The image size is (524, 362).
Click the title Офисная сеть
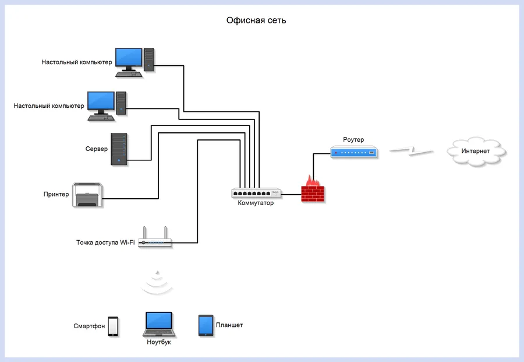pos(256,21)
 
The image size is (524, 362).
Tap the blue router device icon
pos(354,153)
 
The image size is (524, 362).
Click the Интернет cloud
pos(476,151)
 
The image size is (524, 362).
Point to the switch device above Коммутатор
pos(256,192)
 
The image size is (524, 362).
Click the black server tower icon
pos(119,149)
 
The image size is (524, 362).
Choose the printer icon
pos(88,195)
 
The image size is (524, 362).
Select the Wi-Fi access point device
pos(156,240)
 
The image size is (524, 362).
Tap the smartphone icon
pos(113,326)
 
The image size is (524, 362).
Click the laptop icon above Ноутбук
pos(158,324)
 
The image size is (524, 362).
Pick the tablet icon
pos(206,325)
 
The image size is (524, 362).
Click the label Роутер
pos(353,140)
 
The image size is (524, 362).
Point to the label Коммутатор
pos(256,203)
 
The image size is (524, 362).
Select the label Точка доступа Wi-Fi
pos(105,242)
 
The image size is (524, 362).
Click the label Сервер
pos(97,149)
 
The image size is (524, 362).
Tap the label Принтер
pos(56,194)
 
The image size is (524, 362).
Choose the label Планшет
pos(229,325)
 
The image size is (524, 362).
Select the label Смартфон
pos(89,326)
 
